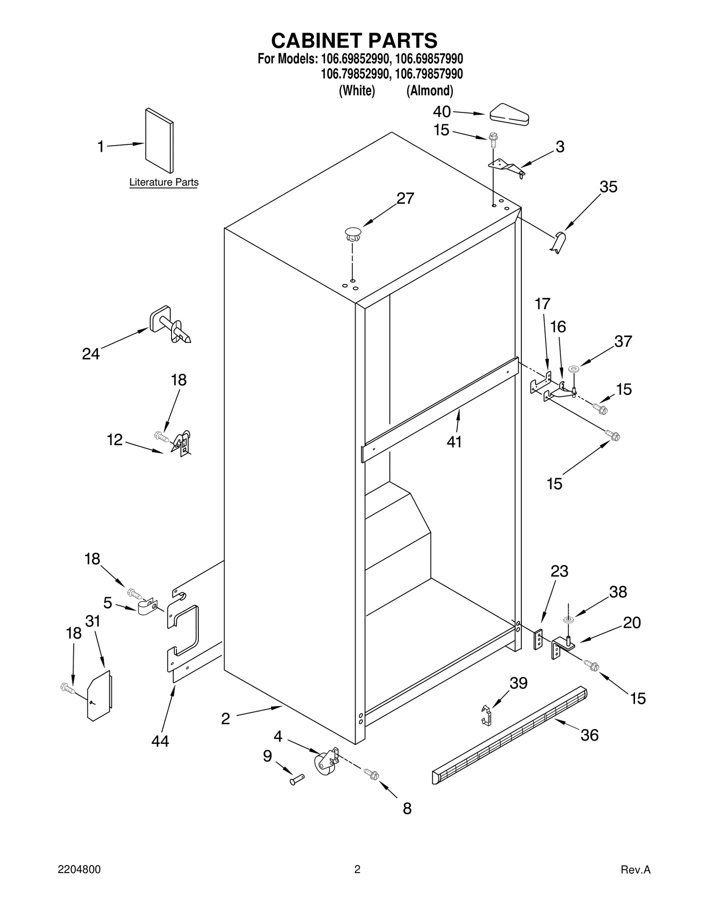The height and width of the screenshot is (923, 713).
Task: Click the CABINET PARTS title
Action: click(x=354, y=41)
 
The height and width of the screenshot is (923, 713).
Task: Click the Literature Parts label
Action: click(x=164, y=182)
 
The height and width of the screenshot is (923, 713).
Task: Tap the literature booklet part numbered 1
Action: click(x=159, y=140)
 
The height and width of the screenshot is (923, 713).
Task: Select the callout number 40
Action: click(x=442, y=111)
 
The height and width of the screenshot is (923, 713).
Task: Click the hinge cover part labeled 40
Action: click(x=509, y=114)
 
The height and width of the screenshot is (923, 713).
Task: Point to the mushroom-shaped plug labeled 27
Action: click(x=352, y=234)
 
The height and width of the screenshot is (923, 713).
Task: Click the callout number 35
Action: click(x=608, y=187)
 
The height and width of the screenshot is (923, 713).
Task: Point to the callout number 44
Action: click(x=160, y=741)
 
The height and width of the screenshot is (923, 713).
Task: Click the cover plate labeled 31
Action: click(x=99, y=695)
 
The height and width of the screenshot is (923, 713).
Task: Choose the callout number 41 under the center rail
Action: click(x=454, y=442)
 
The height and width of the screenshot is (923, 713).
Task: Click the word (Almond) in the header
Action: click(x=430, y=91)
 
